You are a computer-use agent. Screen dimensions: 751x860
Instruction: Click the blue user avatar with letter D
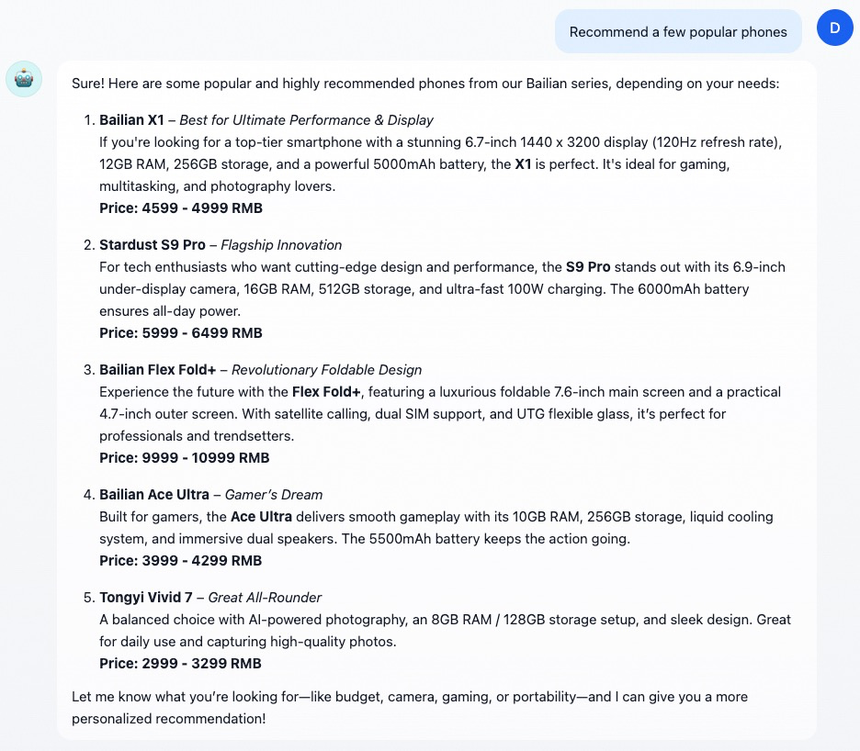[834, 28]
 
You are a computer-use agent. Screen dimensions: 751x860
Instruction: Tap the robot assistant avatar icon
[24, 80]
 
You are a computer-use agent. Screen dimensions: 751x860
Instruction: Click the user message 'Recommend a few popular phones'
[678, 32]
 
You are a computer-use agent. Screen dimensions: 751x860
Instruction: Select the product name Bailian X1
[131, 120]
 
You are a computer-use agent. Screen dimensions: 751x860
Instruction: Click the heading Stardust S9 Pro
[152, 245]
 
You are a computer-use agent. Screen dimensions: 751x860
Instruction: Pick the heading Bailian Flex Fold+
[158, 370]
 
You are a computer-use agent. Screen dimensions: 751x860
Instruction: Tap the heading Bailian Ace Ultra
[154, 495]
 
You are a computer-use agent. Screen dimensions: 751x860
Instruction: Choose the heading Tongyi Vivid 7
[146, 598]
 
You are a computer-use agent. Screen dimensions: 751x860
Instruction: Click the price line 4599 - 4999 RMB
[181, 208]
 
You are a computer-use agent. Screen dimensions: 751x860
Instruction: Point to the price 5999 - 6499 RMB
[181, 333]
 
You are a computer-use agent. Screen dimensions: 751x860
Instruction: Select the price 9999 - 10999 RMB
[185, 458]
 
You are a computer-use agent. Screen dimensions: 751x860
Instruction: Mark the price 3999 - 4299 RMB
[181, 561]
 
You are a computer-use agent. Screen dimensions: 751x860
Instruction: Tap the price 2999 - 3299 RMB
[181, 664]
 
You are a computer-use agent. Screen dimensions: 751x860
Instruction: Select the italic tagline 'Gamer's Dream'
[274, 495]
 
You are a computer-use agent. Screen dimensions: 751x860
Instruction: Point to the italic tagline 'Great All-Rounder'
[265, 598]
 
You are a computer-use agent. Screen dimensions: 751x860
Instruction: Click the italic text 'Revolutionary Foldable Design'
[326, 370]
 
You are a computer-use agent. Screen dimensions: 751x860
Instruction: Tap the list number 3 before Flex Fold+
[89, 370]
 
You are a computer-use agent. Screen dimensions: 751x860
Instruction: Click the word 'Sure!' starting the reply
[88, 84]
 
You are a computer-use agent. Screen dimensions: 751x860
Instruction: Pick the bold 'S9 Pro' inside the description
[588, 267]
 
